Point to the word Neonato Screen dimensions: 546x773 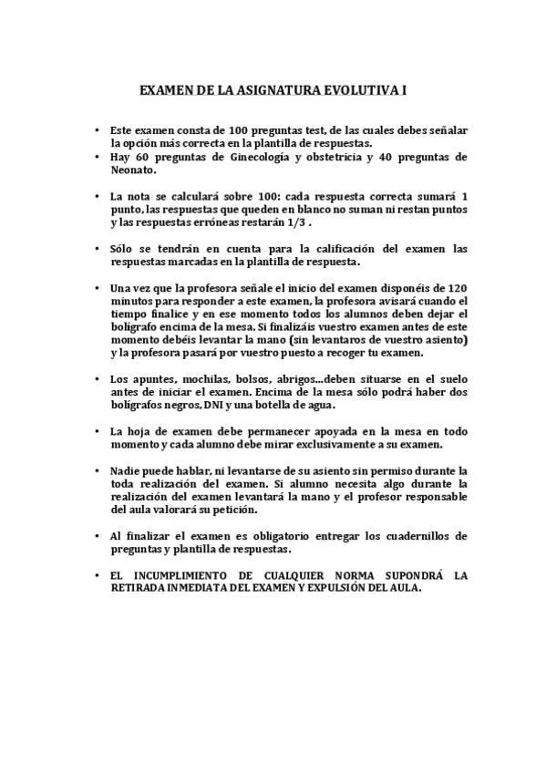point(133,170)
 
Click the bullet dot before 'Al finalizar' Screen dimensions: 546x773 point(97,537)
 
